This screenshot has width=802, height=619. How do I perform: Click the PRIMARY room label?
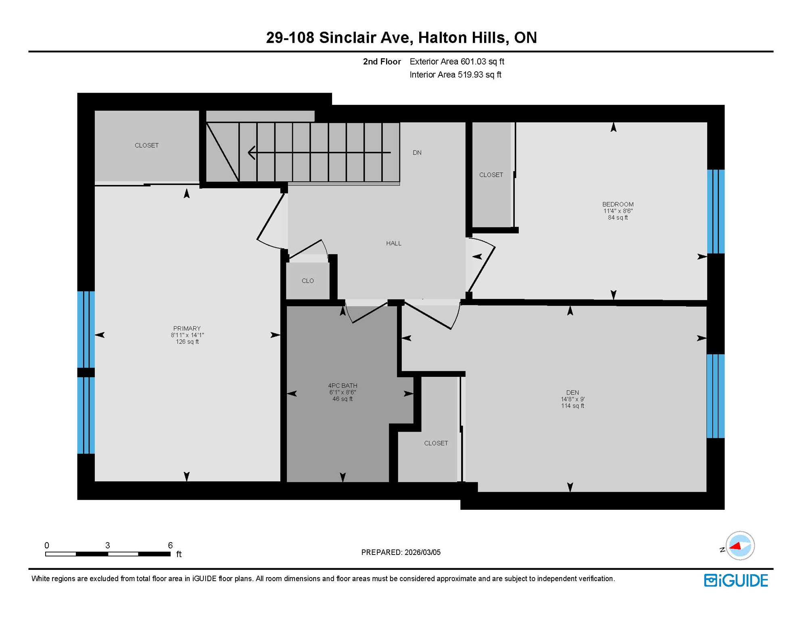click(x=187, y=328)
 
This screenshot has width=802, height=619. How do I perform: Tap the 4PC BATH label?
click(x=343, y=386)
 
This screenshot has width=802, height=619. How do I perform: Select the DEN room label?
click(x=572, y=393)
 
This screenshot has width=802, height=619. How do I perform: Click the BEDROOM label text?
click(x=618, y=204)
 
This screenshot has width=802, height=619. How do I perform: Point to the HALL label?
click(x=393, y=243)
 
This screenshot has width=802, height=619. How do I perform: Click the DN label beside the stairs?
click(x=417, y=153)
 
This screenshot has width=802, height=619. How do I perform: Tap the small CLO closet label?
click(x=307, y=281)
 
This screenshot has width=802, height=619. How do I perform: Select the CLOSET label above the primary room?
click(x=146, y=145)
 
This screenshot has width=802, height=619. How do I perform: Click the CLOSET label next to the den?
click(x=436, y=443)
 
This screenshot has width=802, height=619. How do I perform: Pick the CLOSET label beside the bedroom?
click(x=491, y=175)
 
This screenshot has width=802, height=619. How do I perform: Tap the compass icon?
click(x=739, y=546)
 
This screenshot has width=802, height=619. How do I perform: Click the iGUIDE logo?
click(x=736, y=580)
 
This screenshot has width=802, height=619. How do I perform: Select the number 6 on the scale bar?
click(x=170, y=545)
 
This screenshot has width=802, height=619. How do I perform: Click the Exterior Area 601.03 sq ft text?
click(x=457, y=62)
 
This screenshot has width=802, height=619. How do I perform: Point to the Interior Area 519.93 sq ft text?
click(x=455, y=75)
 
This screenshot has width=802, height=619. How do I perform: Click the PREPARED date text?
click(x=401, y=553)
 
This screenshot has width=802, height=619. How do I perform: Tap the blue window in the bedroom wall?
click(x=716, y=212)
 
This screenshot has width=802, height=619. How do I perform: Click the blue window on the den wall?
click(x=715, y=396)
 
